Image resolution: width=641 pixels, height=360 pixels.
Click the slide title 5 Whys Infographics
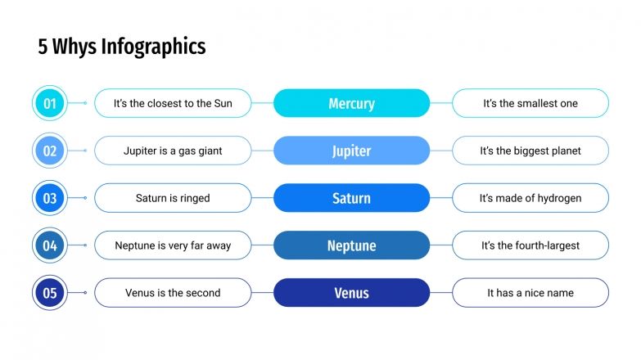[122, 47]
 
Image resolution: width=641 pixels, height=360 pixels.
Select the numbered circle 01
[49, 103]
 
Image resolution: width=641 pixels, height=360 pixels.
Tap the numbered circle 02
[49, 151]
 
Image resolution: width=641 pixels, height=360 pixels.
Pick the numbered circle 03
[49, 198]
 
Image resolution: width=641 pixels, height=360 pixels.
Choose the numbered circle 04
[49, 245]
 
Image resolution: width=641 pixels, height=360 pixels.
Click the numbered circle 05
[49, 293]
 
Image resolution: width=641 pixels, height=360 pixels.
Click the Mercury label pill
[351, 103]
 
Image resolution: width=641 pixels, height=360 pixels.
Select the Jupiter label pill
[351, 151]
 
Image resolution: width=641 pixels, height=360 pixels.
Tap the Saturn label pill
[351, 198]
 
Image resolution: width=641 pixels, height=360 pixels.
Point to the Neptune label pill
[351, 245]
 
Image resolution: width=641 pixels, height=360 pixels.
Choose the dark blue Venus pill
[351, 293]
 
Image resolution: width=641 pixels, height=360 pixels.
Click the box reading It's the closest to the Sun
[173, 103]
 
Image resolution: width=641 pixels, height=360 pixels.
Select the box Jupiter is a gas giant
[173, 151]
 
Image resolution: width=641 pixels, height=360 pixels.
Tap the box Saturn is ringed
[173, 198]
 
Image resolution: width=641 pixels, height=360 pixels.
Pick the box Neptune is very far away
[173, 245]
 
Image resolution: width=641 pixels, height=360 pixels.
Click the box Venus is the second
[173, 293]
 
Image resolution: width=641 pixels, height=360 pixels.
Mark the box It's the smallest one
[530, 103]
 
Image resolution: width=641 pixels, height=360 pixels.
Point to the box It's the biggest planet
[530, 151]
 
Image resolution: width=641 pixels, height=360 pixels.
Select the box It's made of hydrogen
[530, 198]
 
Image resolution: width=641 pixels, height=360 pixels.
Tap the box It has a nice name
[530, 293]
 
